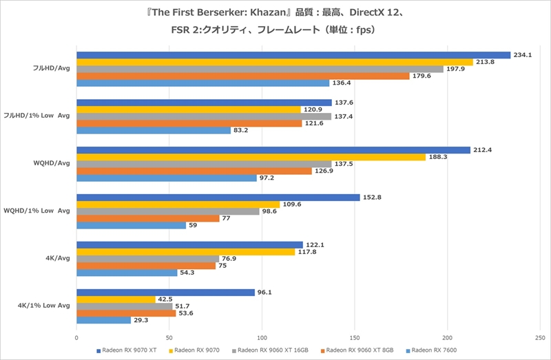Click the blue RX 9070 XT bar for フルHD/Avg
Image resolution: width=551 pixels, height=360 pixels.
tap(293, 55)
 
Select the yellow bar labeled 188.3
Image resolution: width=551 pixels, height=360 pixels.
tap(251, 157)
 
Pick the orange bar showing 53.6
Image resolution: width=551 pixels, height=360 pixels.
tap(125, 313)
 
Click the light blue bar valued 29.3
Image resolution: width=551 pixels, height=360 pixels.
tap(103, 320)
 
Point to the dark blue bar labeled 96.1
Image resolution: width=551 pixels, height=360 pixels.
tap(165, 293)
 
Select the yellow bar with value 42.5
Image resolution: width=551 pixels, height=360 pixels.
tap(116, 299)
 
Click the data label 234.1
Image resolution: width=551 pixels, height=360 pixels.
tap(521, 55)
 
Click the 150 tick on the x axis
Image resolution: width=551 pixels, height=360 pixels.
tap(355, 338)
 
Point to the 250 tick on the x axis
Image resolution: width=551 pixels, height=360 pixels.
tap(539, 338)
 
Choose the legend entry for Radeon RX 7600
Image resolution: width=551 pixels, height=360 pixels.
tap(434, 350)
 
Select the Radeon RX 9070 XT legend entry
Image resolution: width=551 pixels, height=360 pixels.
tap(129, 350)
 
